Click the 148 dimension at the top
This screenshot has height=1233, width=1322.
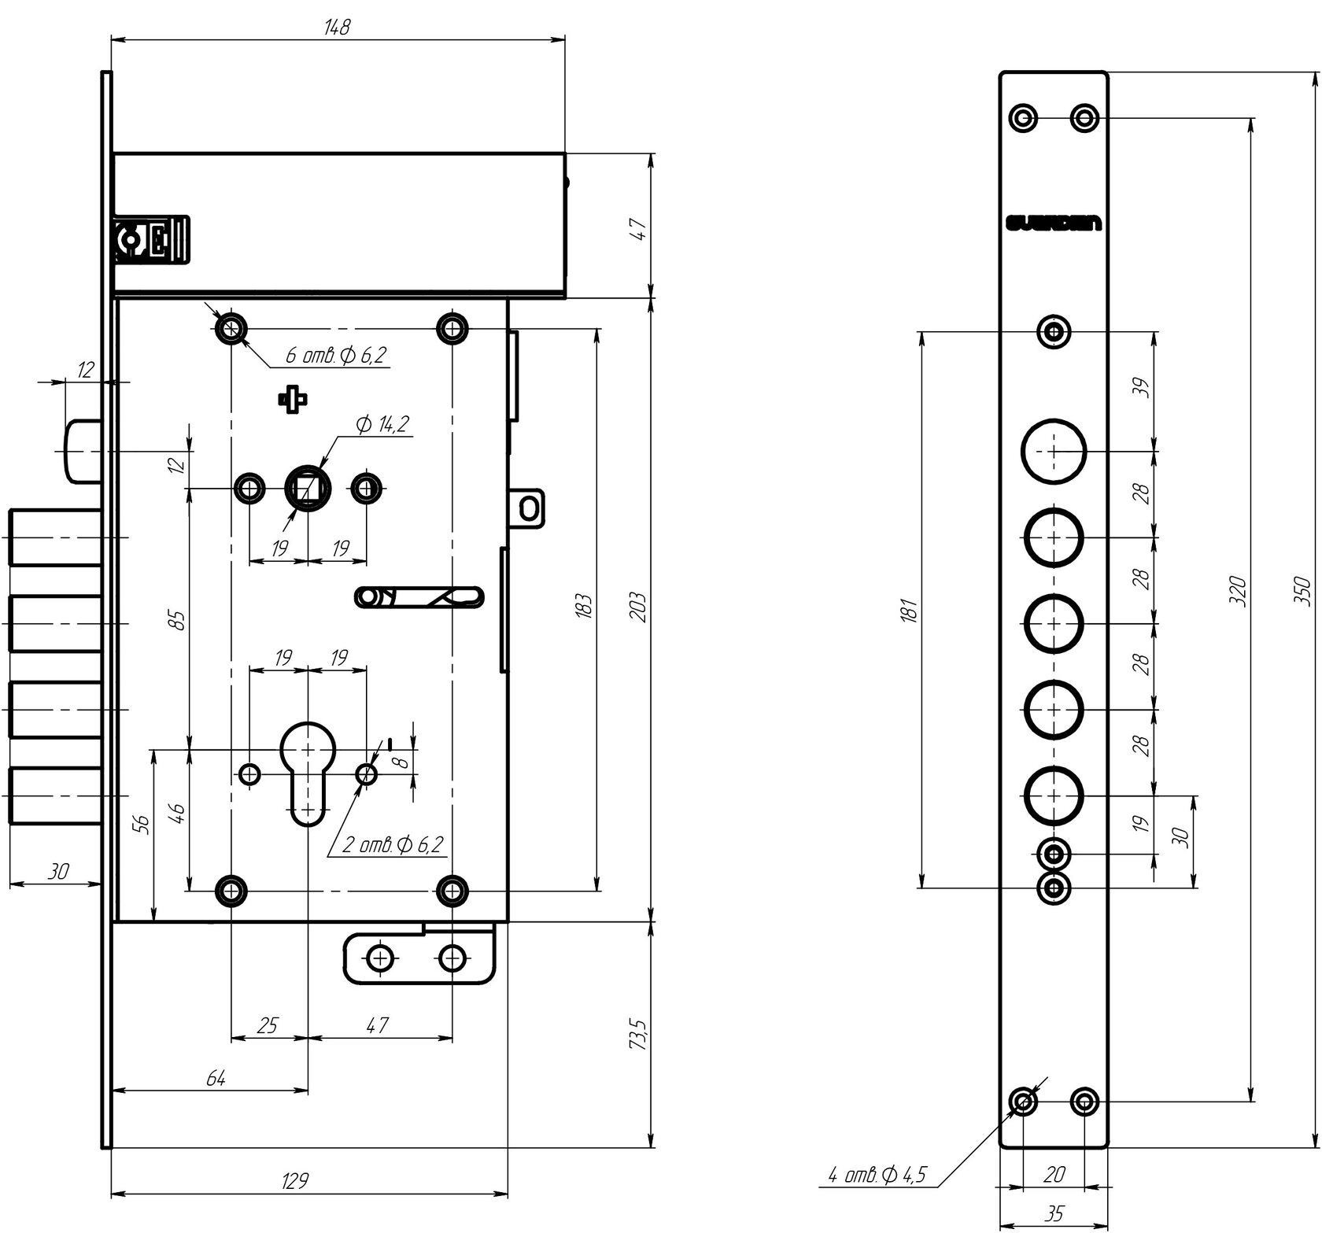click(337, 27)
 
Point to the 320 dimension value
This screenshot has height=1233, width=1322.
click(1238, 590)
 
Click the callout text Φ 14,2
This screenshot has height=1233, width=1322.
click(382, 425)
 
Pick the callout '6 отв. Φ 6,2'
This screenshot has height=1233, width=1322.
click(336, 356)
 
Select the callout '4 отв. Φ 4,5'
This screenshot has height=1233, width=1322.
click(877, 1176)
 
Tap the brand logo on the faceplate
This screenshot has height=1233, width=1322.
click(1053, 224)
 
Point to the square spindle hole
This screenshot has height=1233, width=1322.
click(308, 489)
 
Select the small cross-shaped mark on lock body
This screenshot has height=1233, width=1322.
click(292, 400)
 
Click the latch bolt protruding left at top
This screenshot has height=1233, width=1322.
click(81, 451)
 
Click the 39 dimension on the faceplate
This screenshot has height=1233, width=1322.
click(1143, 388)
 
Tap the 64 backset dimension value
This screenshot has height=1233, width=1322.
click(216, 1078)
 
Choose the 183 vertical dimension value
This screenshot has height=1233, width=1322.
click(583, 606)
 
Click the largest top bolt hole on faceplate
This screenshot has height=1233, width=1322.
click(1054, 452)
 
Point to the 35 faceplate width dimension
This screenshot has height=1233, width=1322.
click(1053, 1216)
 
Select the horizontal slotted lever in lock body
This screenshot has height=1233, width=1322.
click(419, 597)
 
